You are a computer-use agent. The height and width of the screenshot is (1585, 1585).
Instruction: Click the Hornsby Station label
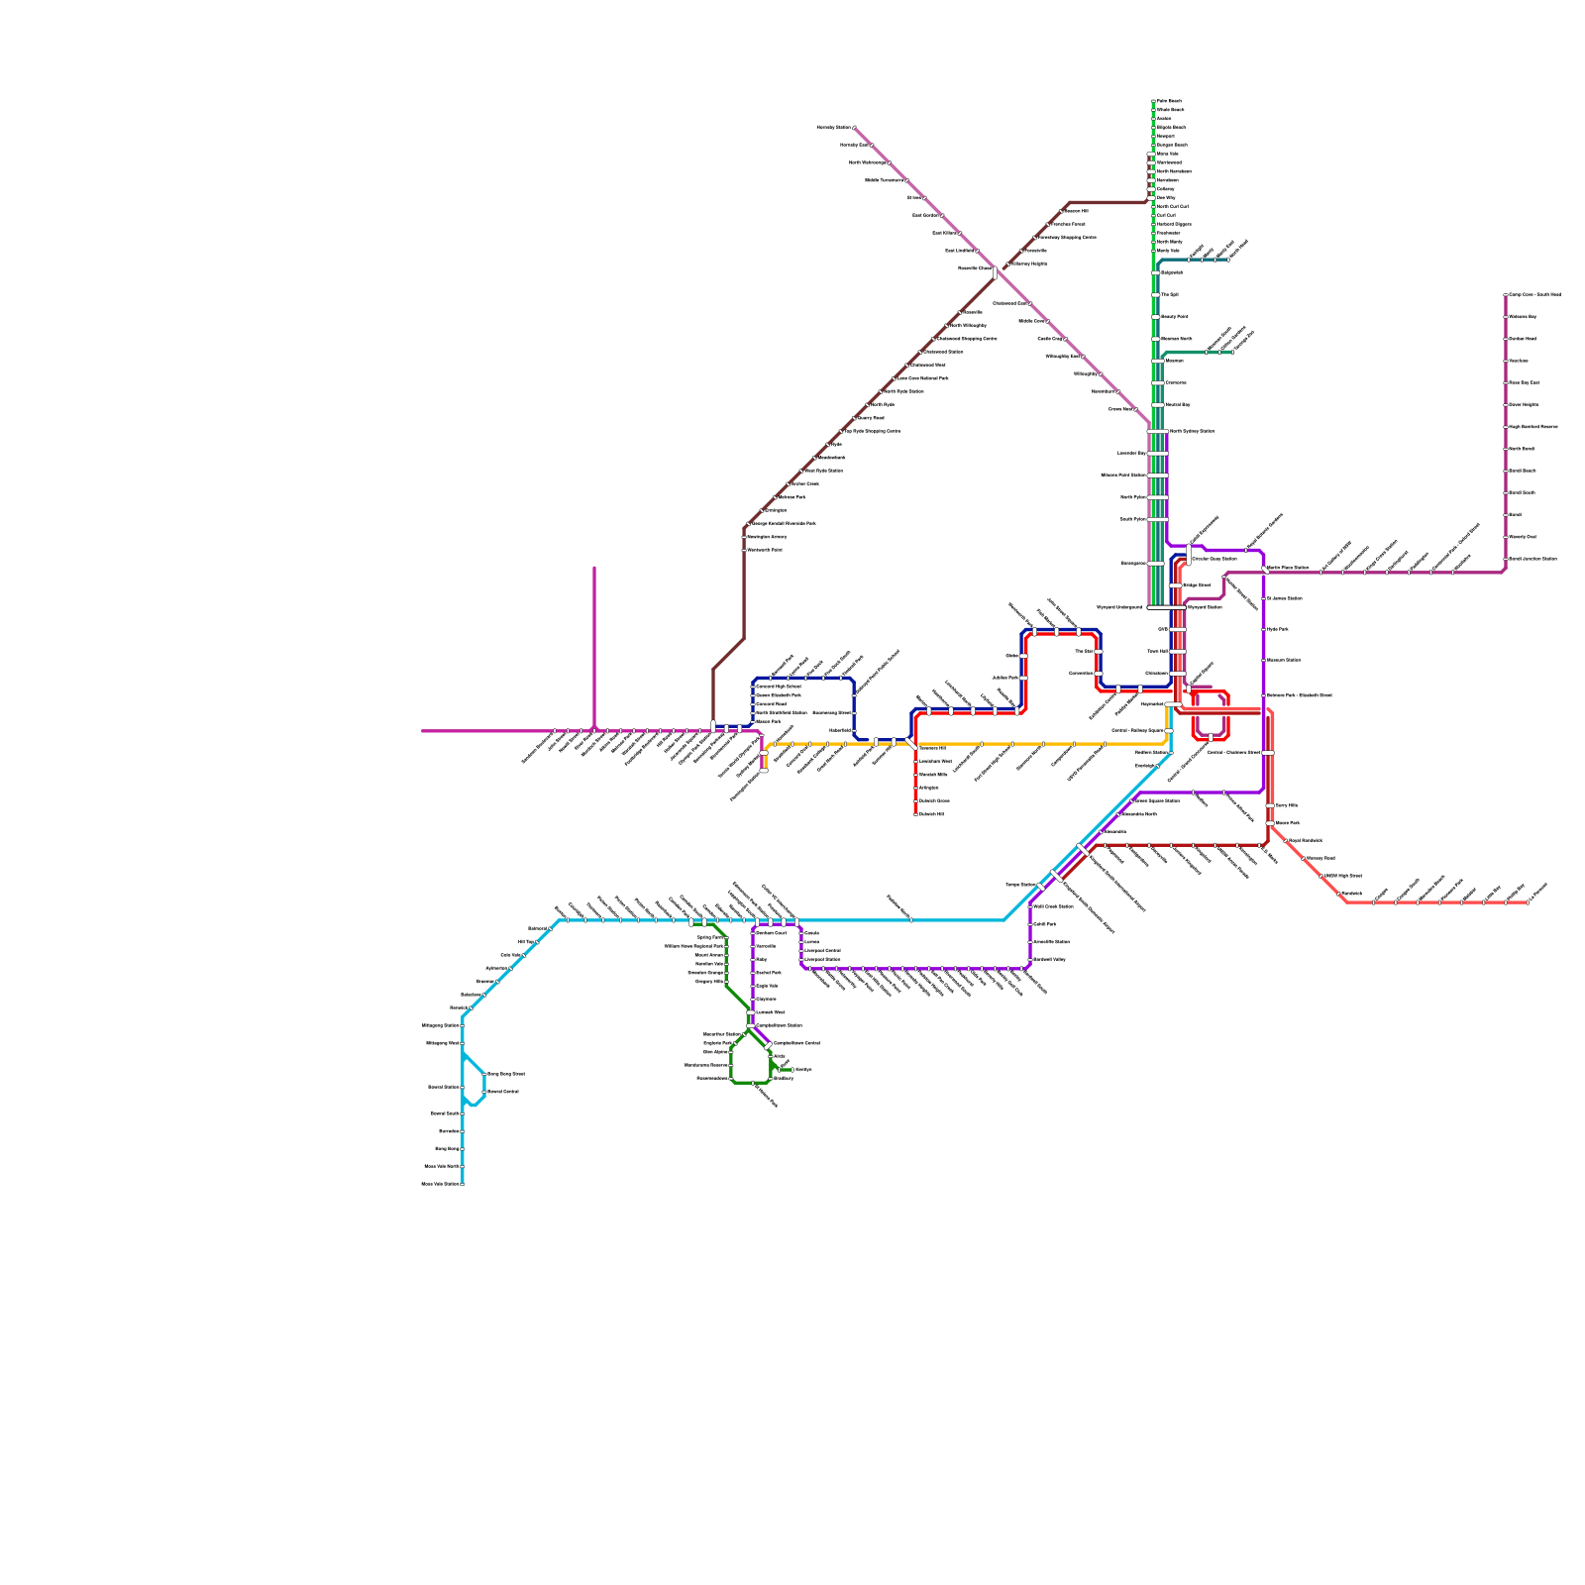coord(833,128)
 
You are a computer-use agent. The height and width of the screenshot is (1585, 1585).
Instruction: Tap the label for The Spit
coord(1169,295)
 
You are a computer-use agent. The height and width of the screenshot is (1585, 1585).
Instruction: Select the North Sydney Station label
coord(1192,432)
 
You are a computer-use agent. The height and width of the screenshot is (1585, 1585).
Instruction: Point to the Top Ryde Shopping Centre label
coord(873,432)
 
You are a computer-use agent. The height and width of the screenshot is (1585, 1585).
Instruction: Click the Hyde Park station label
coord(1277,630)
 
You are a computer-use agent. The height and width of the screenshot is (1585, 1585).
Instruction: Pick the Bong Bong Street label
coord(505,1075)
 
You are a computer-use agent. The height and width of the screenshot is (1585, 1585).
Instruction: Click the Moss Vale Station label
coord(441,1184)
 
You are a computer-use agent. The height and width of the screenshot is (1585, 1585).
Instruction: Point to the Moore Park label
coord(1287,823)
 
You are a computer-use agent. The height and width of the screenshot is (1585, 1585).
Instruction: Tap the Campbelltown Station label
coord(779,1026)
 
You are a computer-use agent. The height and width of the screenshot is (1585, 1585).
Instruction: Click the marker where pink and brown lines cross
coord(996,272)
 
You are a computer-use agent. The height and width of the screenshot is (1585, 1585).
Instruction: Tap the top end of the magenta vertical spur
coord(594,568)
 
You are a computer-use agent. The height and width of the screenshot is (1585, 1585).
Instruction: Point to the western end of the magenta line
coord(422,731)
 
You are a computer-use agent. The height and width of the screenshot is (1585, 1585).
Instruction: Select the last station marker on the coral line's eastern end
coord(1528,902)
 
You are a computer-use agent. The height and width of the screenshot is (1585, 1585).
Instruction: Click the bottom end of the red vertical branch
coord(915,813)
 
